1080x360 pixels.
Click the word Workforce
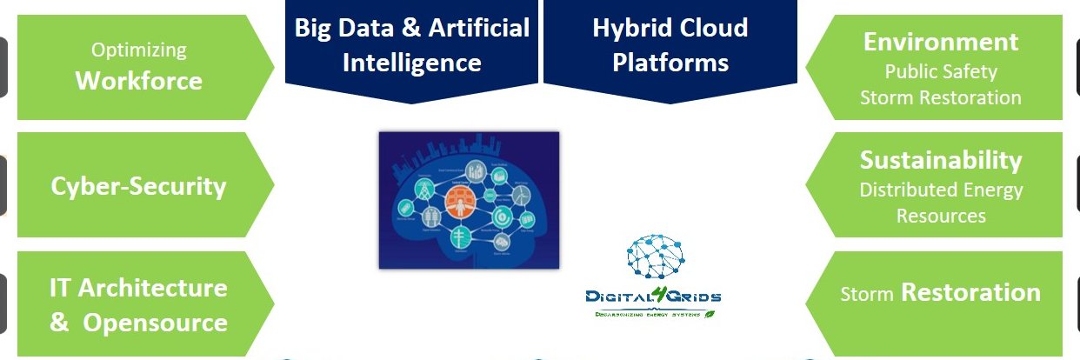pyautogui.click(x=139, y=81)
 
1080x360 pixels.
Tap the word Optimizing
pyautogui.click(x=139, y=50)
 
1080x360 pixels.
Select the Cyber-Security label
pyautogui.click(x=139, y=185)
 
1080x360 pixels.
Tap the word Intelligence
pyautogui.click(x=411, y=63)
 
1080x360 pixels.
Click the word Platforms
pyautogui.click(x=670, y=63)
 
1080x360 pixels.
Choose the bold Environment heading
pyautogui.click(x=940, y=42)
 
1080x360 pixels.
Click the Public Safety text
pyautogui.click(x=941, y=71)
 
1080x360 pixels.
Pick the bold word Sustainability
pyautogui.click(x=941, y=160)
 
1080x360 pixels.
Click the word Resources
pyautogui.click(x=941, y=215)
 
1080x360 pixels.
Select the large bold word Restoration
pyautogui.click(x=970, y=292)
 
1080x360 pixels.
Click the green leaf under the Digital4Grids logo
pyautogui.click(x=710, y=313)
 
